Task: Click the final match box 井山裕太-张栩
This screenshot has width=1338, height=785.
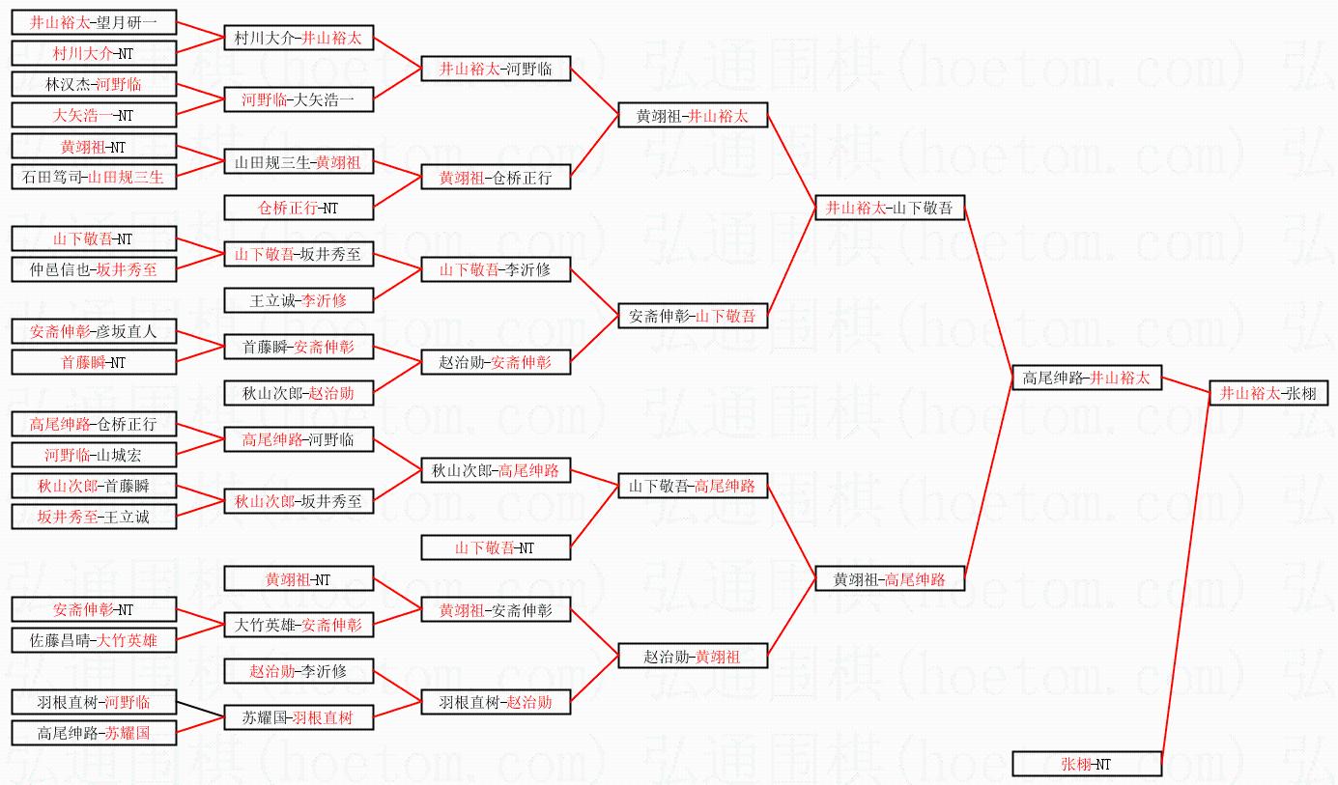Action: tap(1268, 393)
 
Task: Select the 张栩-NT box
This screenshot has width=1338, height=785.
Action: tap(1087, 764)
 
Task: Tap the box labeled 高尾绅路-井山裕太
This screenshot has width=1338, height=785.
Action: tap(1087, 378)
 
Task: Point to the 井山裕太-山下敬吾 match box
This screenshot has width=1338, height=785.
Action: tap(890, 208)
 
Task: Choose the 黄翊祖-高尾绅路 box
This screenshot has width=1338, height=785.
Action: tap(890, 579)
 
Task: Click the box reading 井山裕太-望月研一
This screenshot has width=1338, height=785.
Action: tap(94, 21)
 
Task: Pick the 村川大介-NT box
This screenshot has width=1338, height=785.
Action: tap(94, 53)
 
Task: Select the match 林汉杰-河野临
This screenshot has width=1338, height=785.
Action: tap(94, 84)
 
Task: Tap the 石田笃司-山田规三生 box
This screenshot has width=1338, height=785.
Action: tap(94, 177)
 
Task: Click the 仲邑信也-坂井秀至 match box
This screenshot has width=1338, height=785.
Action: tap(94, 269)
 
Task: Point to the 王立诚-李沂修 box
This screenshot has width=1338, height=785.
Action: tap(299, 300)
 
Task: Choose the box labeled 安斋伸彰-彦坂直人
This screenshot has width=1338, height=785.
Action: tap(94, 331)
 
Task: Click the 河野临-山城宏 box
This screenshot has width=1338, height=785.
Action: tap(94, 455)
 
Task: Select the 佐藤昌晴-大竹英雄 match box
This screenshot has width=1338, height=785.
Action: tap(94, 640)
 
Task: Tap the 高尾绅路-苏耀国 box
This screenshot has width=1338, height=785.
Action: tap(94, 733)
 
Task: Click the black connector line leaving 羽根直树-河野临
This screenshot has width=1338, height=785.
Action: tap(201, 710)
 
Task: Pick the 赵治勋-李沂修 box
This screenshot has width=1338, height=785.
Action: tap(299, 671)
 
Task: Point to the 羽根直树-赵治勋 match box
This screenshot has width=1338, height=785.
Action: tap(496, 702)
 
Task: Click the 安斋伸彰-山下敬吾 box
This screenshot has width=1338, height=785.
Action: tap(693, 316)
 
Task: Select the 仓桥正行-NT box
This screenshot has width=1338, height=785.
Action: tap(299, 208)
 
